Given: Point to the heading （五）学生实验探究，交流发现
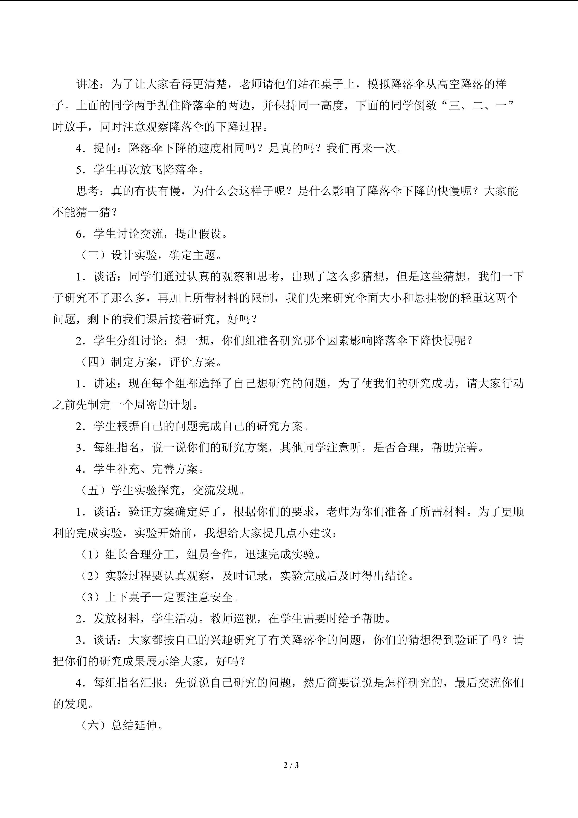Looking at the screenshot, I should [x=163, y=490].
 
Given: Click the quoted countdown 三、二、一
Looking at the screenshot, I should [x=477, y=105].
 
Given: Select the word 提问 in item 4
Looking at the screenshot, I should [x=105, y=148].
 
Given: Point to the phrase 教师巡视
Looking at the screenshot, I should [x=233, y=619].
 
